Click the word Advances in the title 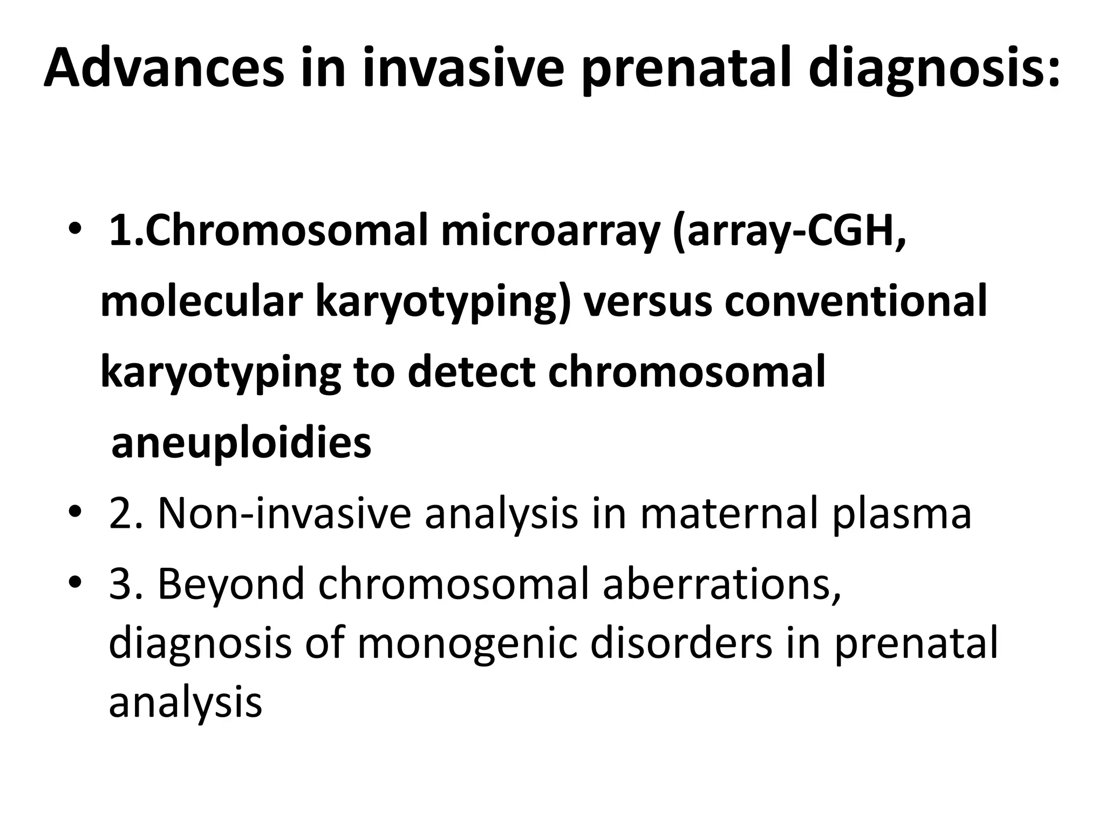click(163, 69)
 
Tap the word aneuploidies click(241, 443)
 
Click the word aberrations click(721, 584)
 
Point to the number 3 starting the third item click(119, 584)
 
